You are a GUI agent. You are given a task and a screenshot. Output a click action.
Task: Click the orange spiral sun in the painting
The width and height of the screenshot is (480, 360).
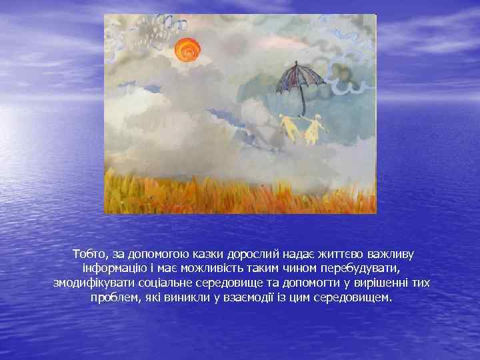[187, 49]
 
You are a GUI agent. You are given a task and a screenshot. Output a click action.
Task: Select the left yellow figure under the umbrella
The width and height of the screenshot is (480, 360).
[289, 129]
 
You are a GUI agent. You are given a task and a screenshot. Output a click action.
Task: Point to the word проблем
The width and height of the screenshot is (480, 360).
[113, 297]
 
